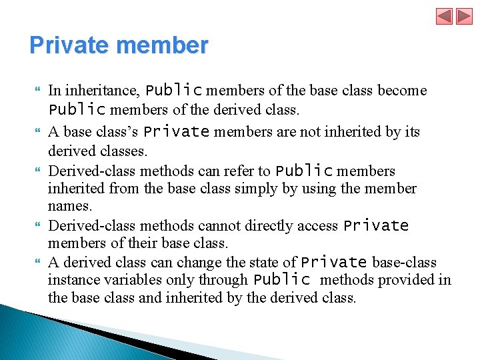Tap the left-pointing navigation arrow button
coord(445,16)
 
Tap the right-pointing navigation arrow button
coord(464,16)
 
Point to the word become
coord(402,91)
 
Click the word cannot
coord(208,226)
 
